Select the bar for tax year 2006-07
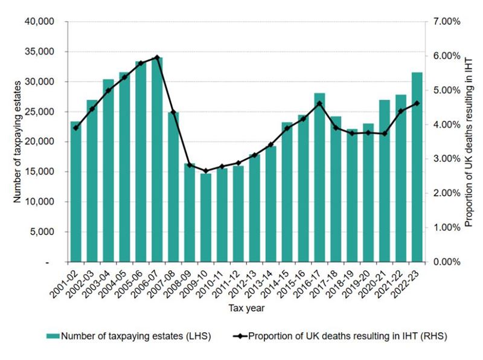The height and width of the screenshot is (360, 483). [x=157, y=160]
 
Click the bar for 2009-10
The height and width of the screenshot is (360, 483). [x=206, y=218]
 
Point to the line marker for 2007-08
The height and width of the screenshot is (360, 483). [x=173, y=112]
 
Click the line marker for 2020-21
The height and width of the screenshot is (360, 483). [x=385, y=133]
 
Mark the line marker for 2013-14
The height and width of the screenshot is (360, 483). [x=270, y=145]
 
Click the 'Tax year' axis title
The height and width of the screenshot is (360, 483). [x=245, y=308]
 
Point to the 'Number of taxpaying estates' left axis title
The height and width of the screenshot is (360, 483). [x=18, y=142]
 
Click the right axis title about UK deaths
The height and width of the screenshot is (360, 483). [x=468, y=142]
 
